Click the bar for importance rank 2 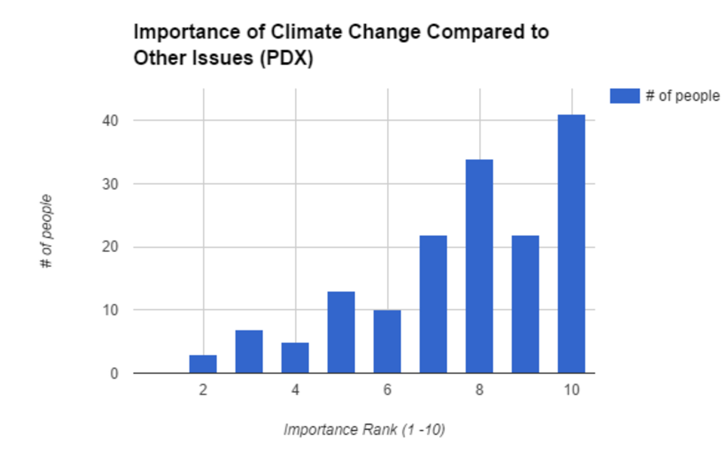pos(203,364)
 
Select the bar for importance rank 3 pos(249,351)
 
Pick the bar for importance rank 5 pos(341,333)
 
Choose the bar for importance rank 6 pos(387,342)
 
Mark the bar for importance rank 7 pos(433,305)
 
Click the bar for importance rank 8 pos(479,266)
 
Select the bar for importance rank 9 pos(525,305)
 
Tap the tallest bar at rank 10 pos(571,244)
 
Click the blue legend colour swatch pos(625,96)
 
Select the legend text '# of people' pos(682,96)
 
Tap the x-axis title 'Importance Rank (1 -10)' pos(364,430)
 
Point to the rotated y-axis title pos(47,232)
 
